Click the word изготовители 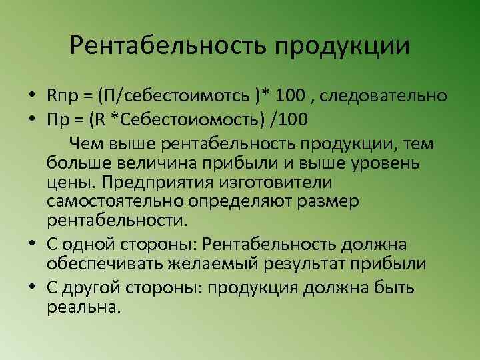coord(275,182)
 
